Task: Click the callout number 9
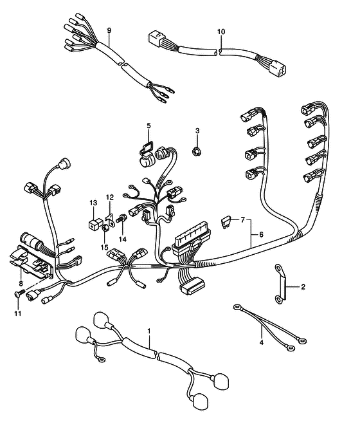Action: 109,30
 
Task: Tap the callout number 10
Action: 221,32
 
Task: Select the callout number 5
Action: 148,125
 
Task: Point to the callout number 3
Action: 197,131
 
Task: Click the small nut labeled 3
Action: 195,151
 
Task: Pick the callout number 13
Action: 93,203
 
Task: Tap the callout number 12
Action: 110,198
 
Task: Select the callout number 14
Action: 123,239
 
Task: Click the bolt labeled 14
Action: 122,218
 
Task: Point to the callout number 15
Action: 105,248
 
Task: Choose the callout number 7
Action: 243,219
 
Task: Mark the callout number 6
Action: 261,234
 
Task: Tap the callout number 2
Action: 303,286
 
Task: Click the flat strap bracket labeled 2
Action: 280,283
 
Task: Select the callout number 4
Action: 262,342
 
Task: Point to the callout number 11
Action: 18,313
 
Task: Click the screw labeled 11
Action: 19,293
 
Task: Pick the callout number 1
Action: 148,331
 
